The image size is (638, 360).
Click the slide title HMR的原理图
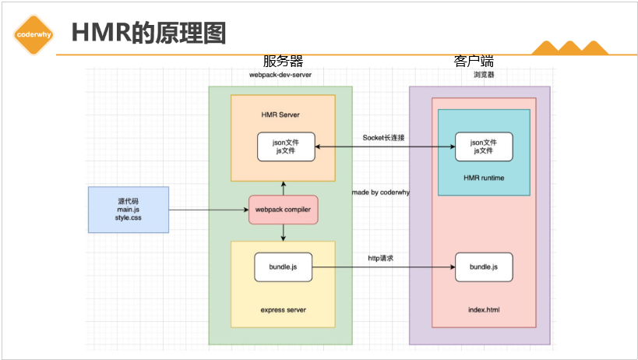(148, 33)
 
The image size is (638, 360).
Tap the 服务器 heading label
(282, 62)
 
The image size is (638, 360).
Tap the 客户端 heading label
(474, 61)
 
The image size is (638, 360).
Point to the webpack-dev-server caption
(280, 75)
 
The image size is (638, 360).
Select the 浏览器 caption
(483, 75)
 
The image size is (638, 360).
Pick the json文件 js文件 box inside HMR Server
(286, 146)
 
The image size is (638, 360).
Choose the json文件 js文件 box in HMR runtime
(483, 146)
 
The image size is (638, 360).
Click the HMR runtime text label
(483, 178)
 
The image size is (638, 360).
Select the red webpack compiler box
(283, 210)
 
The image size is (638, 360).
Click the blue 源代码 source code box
(128, 210)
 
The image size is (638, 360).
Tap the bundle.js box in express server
(283, 267)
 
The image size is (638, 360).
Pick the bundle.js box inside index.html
(483, 267)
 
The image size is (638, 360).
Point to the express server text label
(283, 309)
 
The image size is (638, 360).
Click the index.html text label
(483, 309)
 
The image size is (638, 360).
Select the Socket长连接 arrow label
(383, 137)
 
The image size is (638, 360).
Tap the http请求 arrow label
(380, 258)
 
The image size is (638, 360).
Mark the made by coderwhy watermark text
(381, 192)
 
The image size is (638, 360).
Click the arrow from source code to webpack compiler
(208, 210)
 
